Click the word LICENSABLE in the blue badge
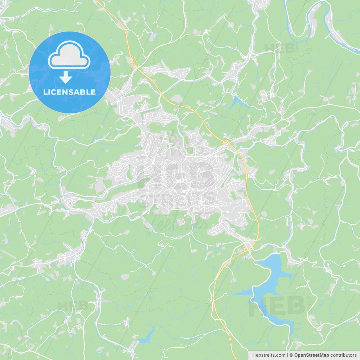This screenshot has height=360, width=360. click(69, 92)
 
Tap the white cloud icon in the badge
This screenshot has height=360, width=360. click(69, 55)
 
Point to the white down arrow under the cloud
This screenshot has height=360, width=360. click(66, 77)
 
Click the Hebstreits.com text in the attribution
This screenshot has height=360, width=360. click(269, 355)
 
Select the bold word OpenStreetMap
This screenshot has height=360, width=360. click(312, 355)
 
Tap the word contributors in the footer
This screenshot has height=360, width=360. click(343, 355)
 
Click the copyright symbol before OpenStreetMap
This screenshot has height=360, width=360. click(291, 355)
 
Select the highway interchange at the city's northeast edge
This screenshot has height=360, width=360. click(226, 142)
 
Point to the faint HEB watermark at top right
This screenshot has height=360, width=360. click(280, 49)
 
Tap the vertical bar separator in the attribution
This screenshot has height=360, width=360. click(287, 355)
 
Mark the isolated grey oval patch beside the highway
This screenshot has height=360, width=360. click(177, 98)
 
